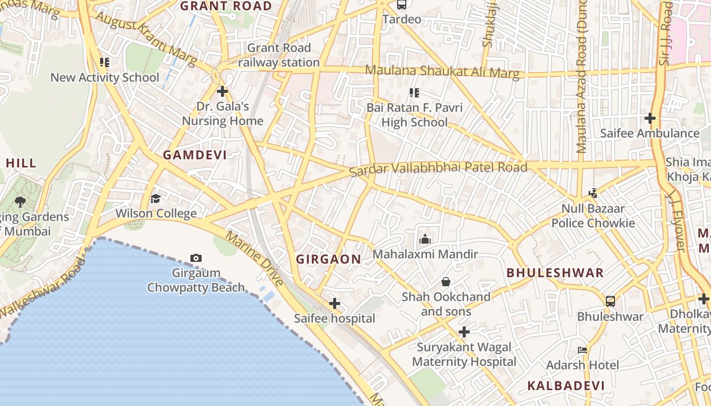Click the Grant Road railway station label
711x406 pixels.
(279, 55)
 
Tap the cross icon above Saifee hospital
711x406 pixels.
(334, 303)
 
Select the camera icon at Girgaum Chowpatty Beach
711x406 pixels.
(196, 258)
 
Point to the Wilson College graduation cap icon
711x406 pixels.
(155, 198)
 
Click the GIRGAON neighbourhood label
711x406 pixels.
(329, 259)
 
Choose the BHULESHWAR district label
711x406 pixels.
(555, 273)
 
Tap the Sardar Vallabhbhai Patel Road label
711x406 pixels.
(439, 168)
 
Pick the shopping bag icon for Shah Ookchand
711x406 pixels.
(446, 281)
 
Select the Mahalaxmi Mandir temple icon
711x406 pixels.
(425, 239)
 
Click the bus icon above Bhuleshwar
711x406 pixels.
(610, 301)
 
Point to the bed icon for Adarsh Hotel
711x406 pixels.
(583, 350)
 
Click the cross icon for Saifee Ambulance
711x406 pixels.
(650, 118)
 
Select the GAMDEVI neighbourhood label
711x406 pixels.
(195, 155)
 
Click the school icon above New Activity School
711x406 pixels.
(105, 62)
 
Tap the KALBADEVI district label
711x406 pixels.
(566, 386)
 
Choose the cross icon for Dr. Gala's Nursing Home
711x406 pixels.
(222, 92)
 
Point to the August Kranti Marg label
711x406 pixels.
(146, 40)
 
